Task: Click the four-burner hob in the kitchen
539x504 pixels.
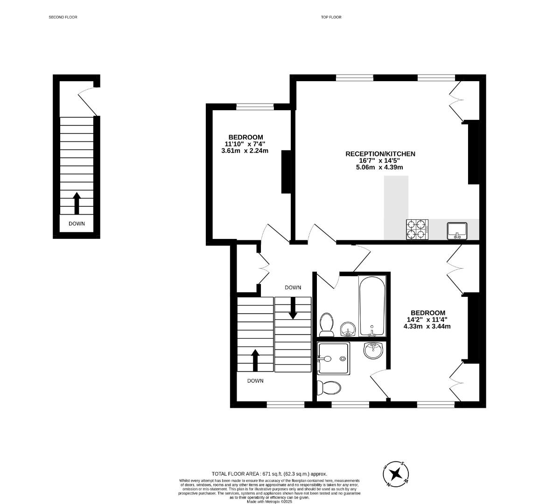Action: [x=417, y=230]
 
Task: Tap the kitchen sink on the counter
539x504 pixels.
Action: [x=457, y=230]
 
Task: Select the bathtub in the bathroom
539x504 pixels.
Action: [x=372, y=306]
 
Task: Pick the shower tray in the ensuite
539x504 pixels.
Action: [x=333, y=358]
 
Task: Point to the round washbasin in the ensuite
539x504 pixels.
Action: [x=373, y=349]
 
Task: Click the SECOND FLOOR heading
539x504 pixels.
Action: [x=63, y=17]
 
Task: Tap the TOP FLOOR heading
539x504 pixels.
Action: [x=331, y=17]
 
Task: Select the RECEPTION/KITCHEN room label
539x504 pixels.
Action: [x=380, y=154]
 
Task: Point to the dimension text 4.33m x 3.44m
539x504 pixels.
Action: [x=427, y=326]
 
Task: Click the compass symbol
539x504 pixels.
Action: [x=396, y=474]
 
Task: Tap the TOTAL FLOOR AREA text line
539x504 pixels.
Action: [x=269, y=473]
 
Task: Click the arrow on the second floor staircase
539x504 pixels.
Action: [x=77, y=203]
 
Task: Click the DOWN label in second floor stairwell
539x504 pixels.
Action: [x=77, y=224]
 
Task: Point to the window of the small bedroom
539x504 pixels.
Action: [x=255, y=107]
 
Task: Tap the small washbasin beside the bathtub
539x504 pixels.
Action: [x=348, y=329]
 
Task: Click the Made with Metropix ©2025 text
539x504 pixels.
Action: [x=269, y=501]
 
